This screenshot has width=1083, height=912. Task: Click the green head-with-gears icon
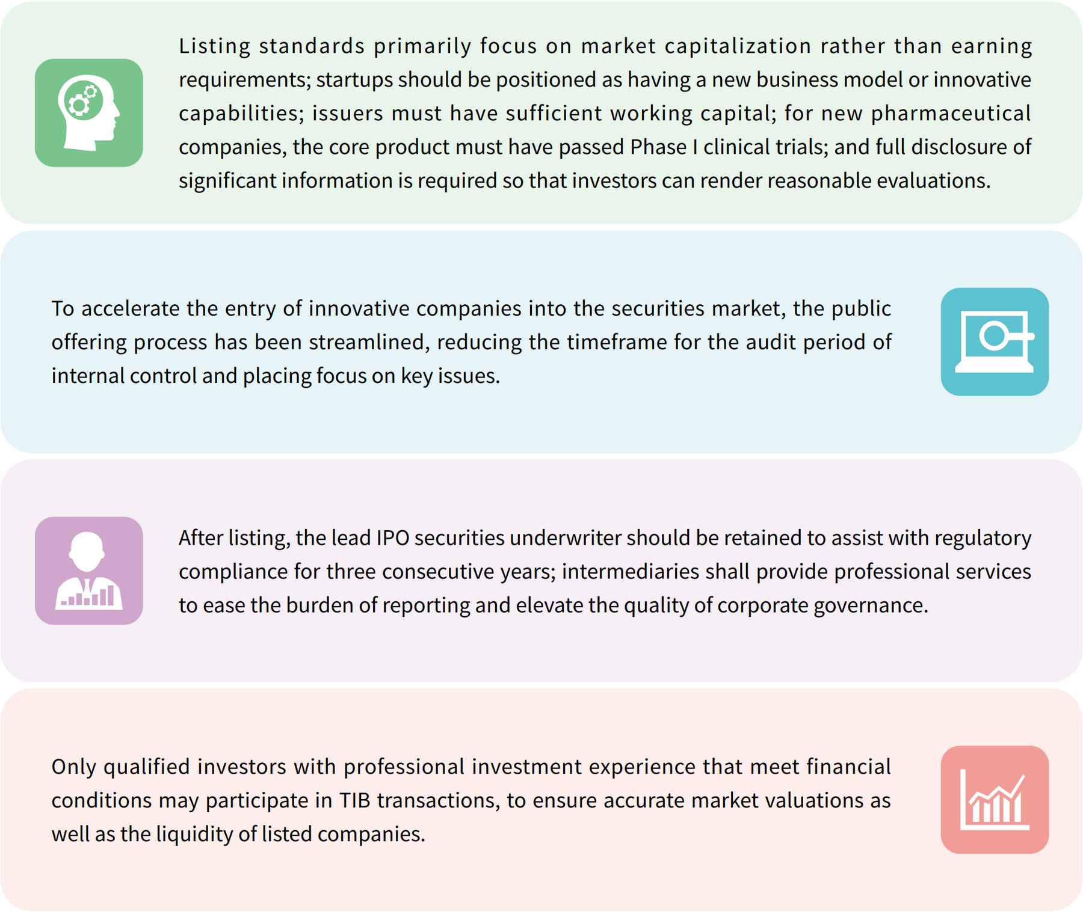click(x=89, y=112)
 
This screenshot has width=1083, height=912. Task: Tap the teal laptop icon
click(x=995, y=341)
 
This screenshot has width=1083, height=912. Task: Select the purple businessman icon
click(x=89, y=571)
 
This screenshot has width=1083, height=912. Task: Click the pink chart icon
click(x=995, y=800)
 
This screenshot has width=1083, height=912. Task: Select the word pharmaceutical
click(x=951, y=114)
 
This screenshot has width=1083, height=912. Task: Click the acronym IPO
click(x=393, y=537)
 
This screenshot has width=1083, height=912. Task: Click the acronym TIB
click(x=355, y=801)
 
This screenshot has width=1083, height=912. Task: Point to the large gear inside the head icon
click(x=78, y=105)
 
